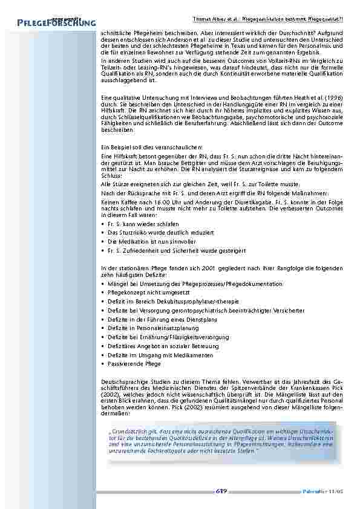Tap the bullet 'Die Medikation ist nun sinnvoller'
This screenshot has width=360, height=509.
click(x=140, y=241)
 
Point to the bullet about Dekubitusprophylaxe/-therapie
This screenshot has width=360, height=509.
click(x=157, y=301)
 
